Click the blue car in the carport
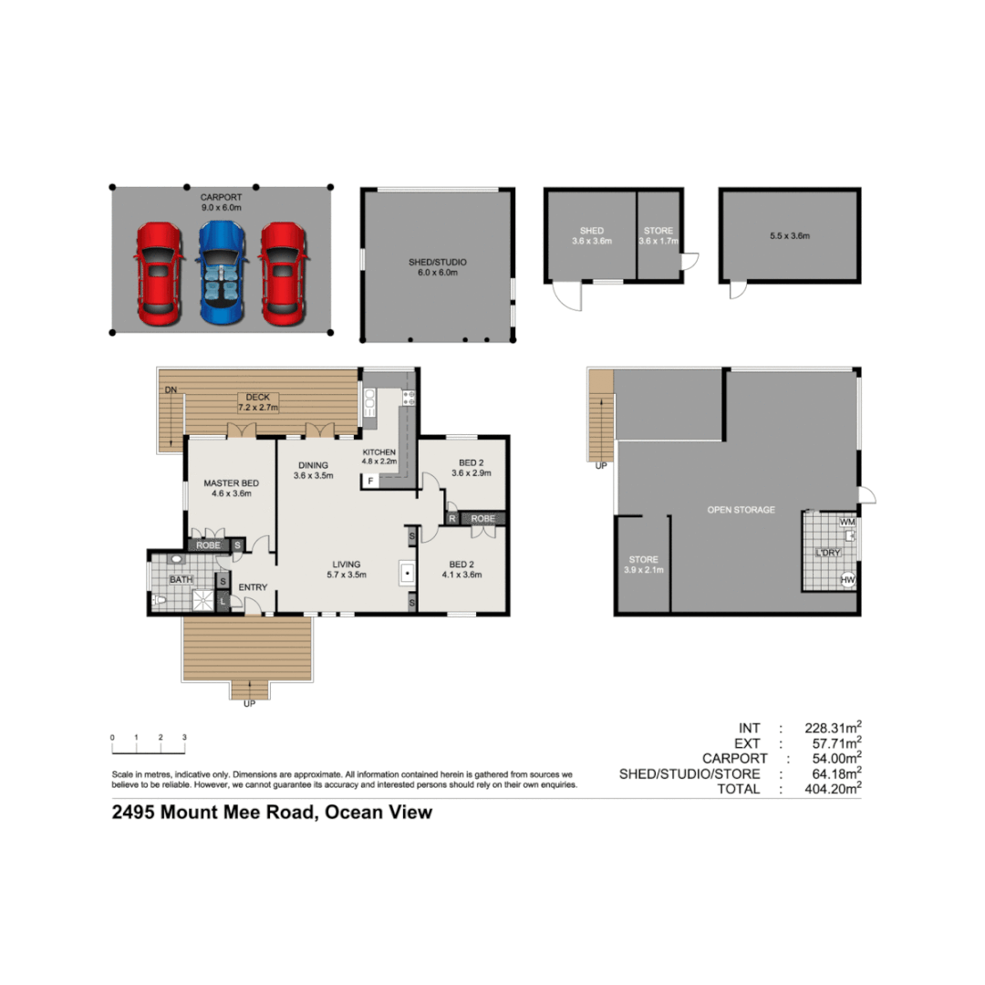(222, 274)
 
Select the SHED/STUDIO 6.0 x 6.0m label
(438, 267)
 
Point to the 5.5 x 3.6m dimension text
(790, 235)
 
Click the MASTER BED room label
(230, 488)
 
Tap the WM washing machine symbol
(847, 523)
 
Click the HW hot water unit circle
(847, 579)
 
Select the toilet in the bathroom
(159, 600)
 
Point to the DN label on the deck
(170, 390)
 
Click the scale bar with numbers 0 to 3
(148, 746)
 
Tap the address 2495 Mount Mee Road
(272, 812)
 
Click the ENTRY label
(253, 587)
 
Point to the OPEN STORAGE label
(741, 510)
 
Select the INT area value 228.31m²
(830, 728)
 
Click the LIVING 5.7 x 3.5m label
(346, 569)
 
